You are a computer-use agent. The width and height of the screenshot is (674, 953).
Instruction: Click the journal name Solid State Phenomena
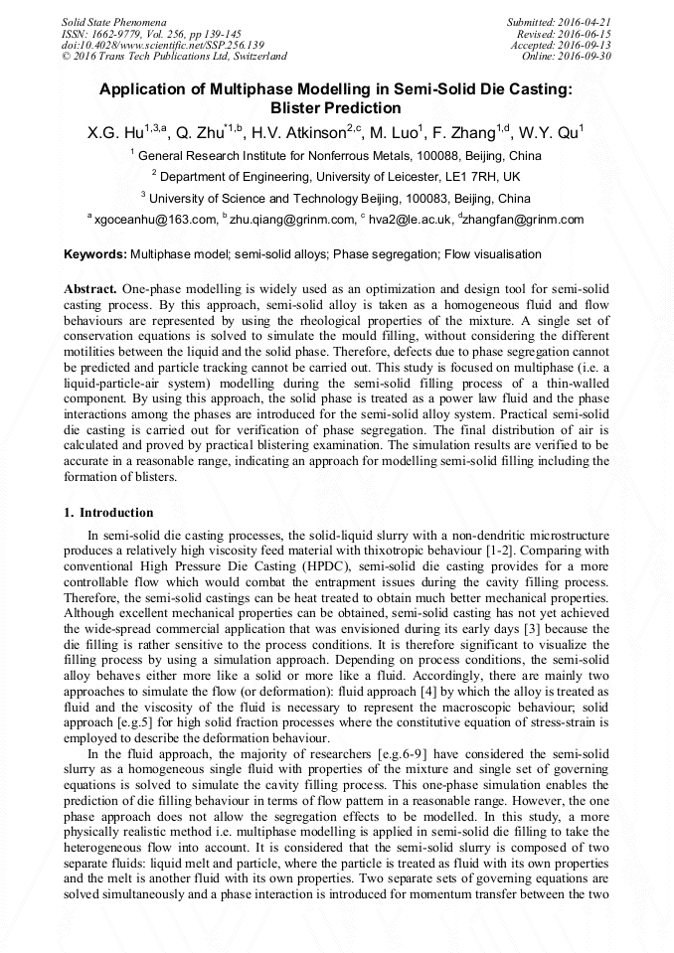(113, 21)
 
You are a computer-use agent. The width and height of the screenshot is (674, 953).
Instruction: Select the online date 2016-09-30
(589, 57)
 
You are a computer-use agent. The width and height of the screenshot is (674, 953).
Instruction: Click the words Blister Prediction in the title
(336, 107)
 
